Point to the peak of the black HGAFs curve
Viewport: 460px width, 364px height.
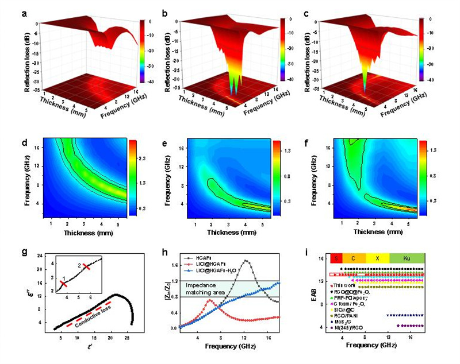click(246, 261)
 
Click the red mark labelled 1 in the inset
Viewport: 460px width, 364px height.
click(64, 283)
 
